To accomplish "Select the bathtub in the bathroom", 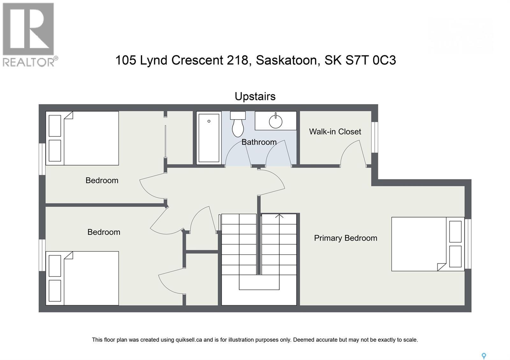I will pos(209,138).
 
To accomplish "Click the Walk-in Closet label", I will pos(335,132).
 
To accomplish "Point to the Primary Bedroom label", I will pos(346,238).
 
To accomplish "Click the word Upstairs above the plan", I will pos(255,97).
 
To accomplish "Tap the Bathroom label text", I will pos(259,142).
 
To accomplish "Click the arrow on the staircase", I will pos(279,216).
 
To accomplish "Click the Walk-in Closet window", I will pos(375,137).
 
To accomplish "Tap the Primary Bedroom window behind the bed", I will pos(468,244).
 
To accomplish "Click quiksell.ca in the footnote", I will pos(189,340).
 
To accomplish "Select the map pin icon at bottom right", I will pos(484,356).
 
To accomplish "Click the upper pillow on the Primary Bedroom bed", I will pos(455,231).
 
